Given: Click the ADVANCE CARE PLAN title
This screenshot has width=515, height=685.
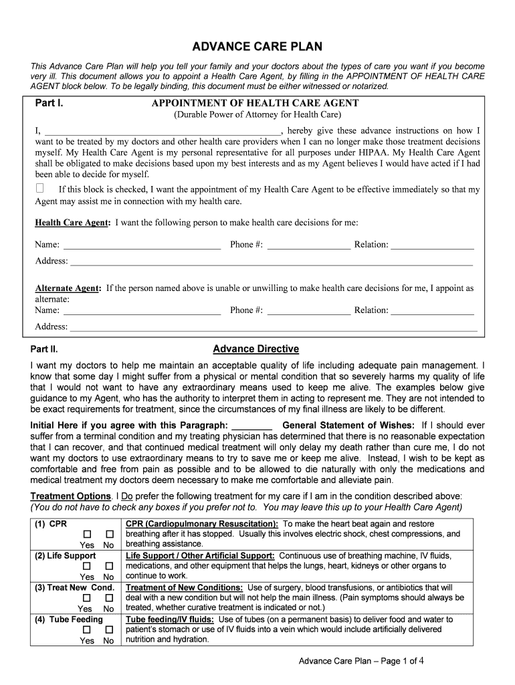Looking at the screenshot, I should coord(257,47).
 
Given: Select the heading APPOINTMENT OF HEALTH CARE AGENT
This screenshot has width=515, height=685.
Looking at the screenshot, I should coord(255,103).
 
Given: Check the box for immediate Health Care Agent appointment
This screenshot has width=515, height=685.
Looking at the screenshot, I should coord(40,188).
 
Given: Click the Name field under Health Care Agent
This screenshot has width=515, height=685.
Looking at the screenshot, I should coord(141,246).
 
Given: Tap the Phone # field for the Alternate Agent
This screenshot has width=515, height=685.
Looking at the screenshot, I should coord(308,311).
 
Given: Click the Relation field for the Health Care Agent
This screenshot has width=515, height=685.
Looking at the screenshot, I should coord(432,246).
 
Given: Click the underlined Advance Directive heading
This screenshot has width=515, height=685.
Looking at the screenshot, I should coord(255,349).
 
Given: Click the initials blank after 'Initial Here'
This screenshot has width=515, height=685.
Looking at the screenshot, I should coord(251,427).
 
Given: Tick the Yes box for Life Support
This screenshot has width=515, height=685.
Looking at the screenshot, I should coord(86,567).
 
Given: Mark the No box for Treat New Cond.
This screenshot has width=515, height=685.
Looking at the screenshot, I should coord(108,598).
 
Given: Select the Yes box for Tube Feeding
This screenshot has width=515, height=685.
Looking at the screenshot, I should coord(86,629).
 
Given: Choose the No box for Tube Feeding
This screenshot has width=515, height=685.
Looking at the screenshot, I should coord(108,629).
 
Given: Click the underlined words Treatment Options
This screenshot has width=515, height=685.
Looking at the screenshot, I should coord(71,496).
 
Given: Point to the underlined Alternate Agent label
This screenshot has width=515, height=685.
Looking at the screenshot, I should coord(68,288).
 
